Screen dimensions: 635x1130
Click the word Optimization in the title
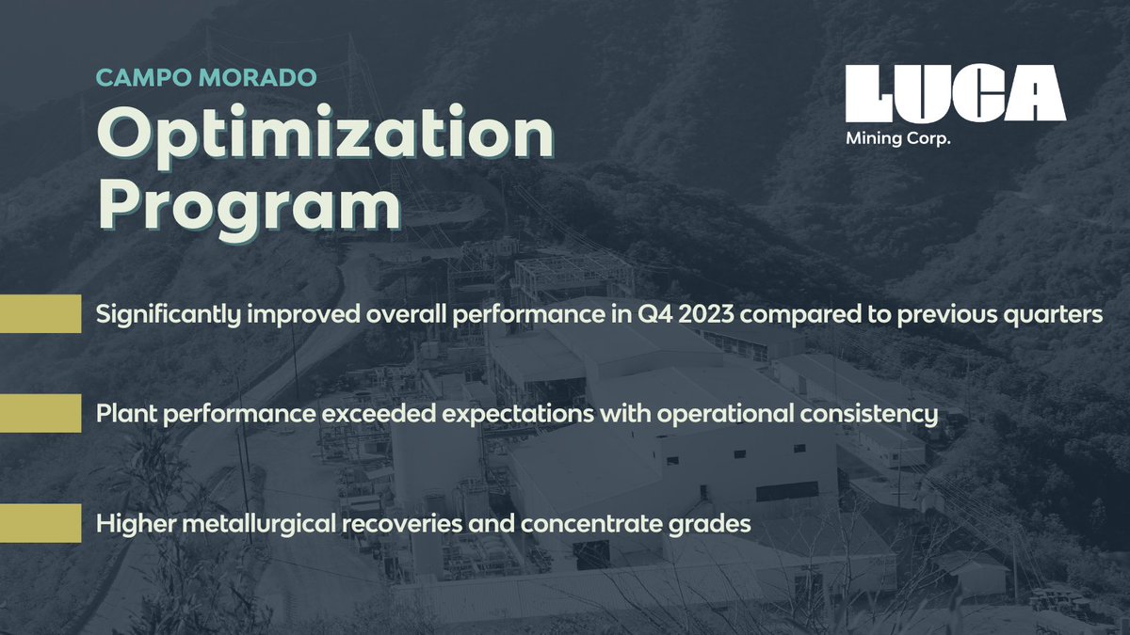[x=325, y=137]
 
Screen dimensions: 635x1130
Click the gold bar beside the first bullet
[x=40, y=313]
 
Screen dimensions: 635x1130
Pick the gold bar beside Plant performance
[x=40, y=413]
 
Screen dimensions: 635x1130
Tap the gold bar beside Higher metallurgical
[x=40, y=523]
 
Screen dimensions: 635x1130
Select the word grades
[x=715, y=524]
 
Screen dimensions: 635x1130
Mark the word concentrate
[x=598, y=524]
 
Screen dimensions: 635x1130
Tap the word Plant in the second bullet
[x=122, y=414]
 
